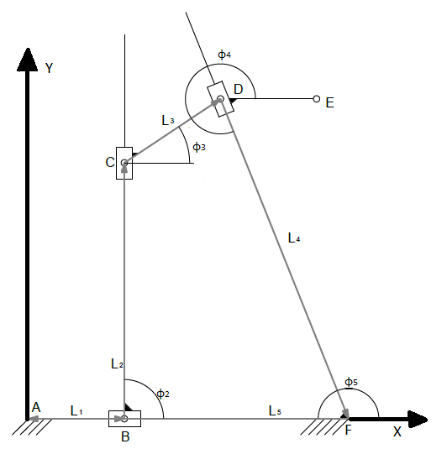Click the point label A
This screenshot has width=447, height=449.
tap(36, 407)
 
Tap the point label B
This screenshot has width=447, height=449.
tap(125, 436)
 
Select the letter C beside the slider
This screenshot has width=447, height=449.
tap(110, 162)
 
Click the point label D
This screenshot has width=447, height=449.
tap(239, 89)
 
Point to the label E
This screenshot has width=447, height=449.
tap(330, 102)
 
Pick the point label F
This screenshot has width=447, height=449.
tap(348, 430)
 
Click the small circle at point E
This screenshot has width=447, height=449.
tap(316, 99)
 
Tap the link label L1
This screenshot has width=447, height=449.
tap(76, 411)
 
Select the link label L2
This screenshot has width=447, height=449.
tap(117, 363)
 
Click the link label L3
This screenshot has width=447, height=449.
tap(168, 120)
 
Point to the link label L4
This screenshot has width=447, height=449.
tap(294, 238)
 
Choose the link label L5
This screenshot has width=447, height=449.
tap(275, 411)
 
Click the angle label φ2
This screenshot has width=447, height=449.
tap(163, 394)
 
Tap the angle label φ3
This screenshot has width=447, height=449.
tap(199, 147)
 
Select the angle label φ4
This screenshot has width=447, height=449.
tap(224, 54)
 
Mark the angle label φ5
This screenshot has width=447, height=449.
tap(351, 382)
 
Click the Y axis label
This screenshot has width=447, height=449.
tap(50, 68)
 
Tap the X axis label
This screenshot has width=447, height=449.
tap(397, 431)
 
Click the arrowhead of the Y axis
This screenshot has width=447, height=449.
tap(28, 60)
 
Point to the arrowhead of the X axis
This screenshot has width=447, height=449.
tap(418, 420)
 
